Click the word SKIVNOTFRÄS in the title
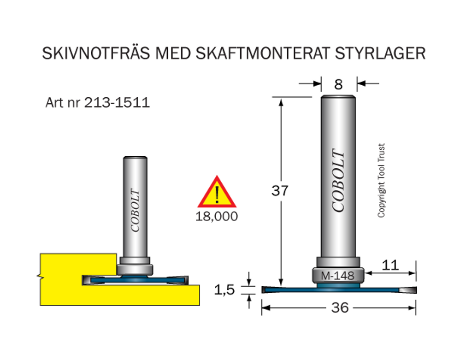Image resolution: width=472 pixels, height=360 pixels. (96, 53)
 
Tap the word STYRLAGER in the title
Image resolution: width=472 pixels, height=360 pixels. (380, 53)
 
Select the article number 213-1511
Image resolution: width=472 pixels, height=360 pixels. (117, 103)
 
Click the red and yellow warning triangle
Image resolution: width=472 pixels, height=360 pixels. (217, 192)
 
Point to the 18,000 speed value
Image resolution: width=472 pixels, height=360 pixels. (217, 217)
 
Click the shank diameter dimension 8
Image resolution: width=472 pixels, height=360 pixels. (338, 84)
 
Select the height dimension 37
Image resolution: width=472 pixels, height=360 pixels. (280, 191)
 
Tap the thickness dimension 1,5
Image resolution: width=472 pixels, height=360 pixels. (224, 290)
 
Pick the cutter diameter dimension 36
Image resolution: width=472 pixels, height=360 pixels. (340, 307)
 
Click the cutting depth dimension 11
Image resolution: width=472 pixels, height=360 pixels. (390, 265)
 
